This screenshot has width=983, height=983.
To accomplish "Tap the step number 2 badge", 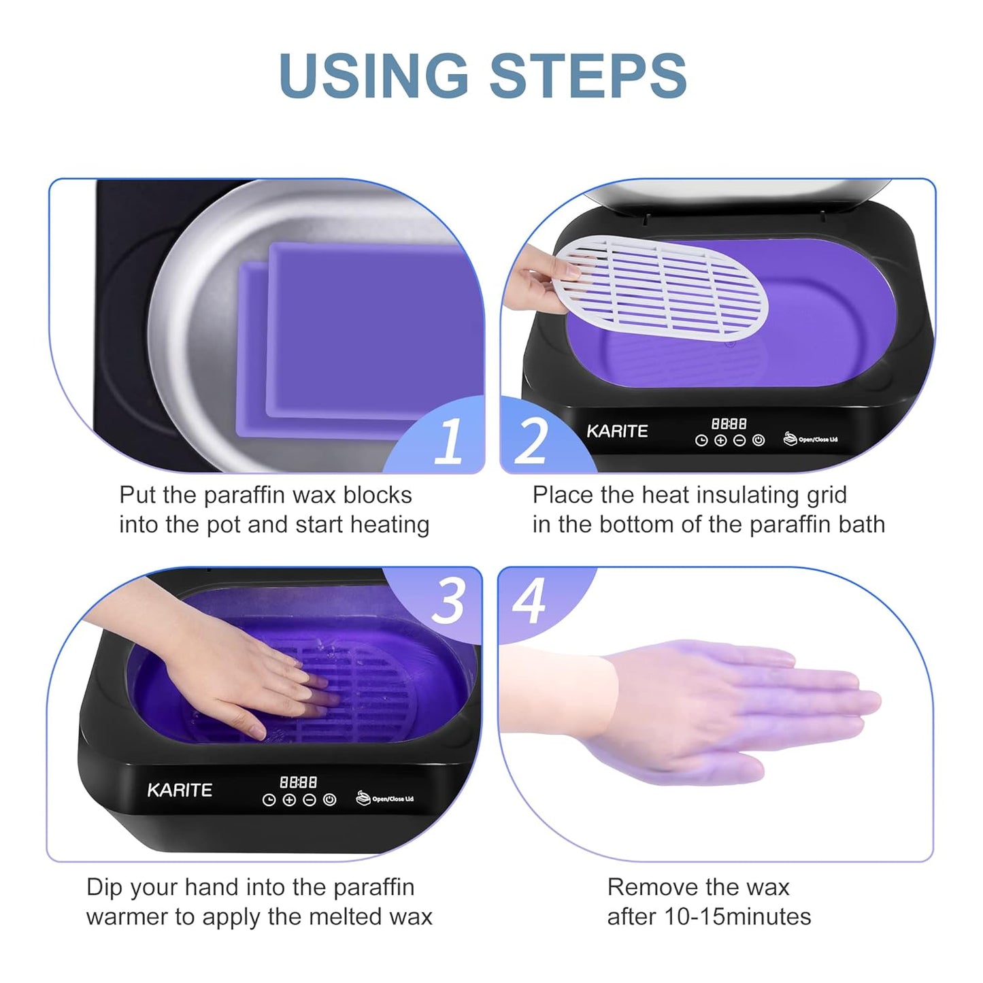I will (531, 441).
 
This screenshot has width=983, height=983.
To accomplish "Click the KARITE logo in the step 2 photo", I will (617, 431).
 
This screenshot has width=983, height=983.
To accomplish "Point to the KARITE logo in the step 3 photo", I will (180, 790).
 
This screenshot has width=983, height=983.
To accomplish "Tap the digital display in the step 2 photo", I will (729, 424).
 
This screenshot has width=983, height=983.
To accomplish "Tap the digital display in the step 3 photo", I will (299, 782).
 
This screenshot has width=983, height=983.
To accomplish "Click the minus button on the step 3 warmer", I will (310, 800).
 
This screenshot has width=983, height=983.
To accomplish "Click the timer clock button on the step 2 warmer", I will (701, 441).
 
